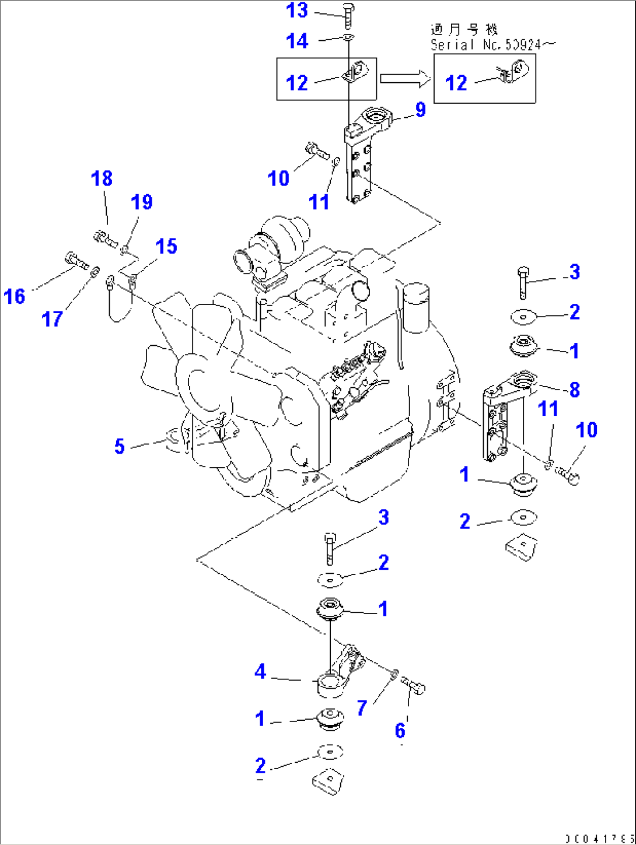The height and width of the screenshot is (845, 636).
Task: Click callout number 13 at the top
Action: tap(296, 10)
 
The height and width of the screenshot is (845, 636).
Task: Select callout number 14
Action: tap(297, 41)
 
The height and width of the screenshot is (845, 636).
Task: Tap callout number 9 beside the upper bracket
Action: tap(421, 109)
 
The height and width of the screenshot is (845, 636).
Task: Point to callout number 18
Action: tap(102, 178)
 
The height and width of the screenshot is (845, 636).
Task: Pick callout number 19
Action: tap(141, 202)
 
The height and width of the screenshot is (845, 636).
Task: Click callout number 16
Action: tap(15, 296)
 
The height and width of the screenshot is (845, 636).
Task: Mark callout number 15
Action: tap(166, 246)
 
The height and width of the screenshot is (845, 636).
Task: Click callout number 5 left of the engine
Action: tap(119, 446)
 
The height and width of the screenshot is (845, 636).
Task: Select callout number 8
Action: tap(574, 390)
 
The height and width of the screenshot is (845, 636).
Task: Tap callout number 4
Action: tap(260, 672)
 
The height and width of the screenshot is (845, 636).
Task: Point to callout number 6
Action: tap(400, 730)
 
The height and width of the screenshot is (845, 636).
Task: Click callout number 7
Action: tap(362, 708)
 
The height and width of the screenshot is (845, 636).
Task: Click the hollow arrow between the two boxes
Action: tap(404, 79)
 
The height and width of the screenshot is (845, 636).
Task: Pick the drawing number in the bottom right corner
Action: tap(599, 839)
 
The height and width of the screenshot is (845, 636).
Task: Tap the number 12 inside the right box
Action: tap(456, 83)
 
